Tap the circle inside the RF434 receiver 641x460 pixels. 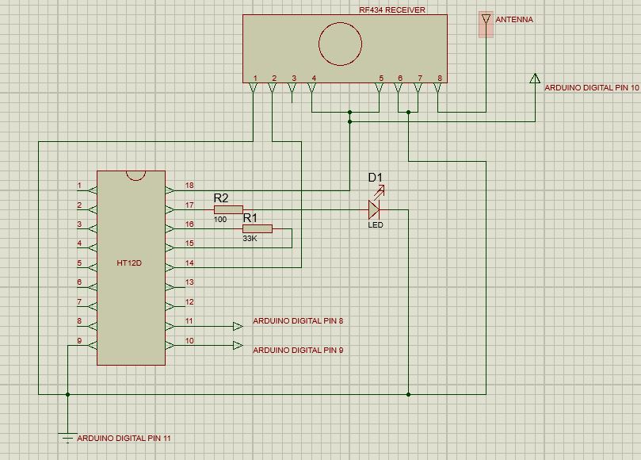(x=340, y=44)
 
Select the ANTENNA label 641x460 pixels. (x=514, y=20)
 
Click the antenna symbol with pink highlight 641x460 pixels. (x=486, y=24)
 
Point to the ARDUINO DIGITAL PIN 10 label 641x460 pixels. (x=591, y=88)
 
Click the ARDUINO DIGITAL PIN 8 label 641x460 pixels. (x=298, y=321)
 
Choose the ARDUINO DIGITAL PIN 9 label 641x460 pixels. (x=298, y=350)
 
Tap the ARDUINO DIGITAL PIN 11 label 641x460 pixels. (x=123, y=438)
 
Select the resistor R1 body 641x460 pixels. (x=257, y=229)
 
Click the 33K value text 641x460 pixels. (x=250, y=238)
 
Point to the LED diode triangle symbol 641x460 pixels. (x=374, y=209)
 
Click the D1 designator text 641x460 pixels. (x=375, y=177)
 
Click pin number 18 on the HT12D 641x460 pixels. (x=189, y=186)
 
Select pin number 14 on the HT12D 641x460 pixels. (x=189, y=263)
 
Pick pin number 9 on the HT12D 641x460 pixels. (x=79, y=340)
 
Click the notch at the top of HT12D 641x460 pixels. (x=135, y=174)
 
